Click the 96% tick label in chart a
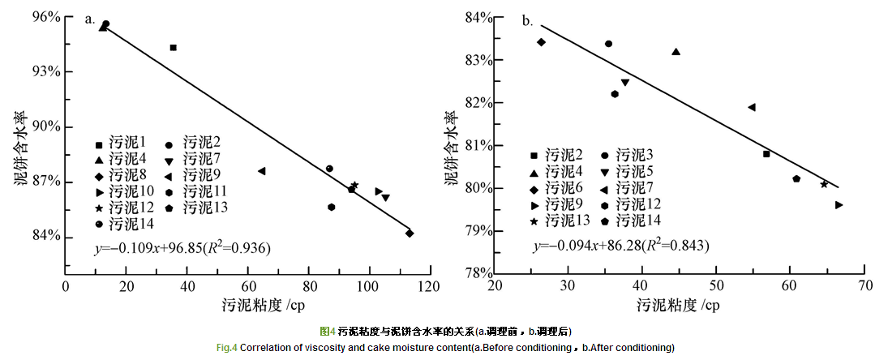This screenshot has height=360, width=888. coord(47,17)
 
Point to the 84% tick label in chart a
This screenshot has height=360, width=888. coord(47,236)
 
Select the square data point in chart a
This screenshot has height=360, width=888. coord(173,48)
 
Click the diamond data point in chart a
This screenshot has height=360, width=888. coord(410,234)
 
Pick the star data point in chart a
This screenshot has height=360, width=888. coord(354,185)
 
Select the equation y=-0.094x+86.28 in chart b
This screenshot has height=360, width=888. coord(620,246)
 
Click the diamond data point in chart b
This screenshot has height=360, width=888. coord(541,42)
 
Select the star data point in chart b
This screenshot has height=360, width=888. coord(824,184)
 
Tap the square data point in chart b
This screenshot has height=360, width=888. coord(766,154)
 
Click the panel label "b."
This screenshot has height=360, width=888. coord(527,21)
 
